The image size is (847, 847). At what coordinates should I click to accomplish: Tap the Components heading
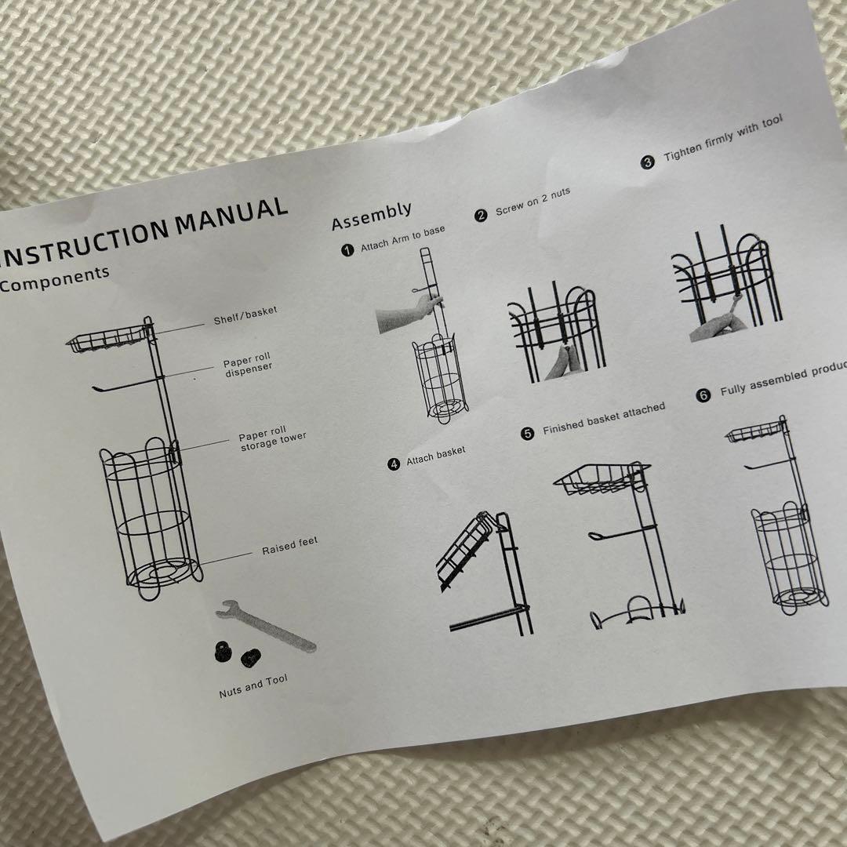tap(55, 278)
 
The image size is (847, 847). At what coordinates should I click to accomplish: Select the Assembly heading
tap(372, 216)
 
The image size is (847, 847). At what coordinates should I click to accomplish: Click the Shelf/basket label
tap(245, 315)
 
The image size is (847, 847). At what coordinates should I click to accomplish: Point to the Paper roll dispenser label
tap(248, 365)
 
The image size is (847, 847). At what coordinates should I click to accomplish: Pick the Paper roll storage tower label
tap(272, 438)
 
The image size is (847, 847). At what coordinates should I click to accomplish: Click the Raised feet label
tap(290, 546)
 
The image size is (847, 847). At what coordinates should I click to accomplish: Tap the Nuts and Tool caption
tap(253, 686)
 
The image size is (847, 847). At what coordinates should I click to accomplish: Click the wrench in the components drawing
tap(265, 626)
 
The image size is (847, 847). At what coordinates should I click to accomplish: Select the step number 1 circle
tap(348, 250)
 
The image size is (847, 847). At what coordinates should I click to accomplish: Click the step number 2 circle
tap(481, 216)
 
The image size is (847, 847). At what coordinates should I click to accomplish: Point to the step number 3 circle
tap(647, 162)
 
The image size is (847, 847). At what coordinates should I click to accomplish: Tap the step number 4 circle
tap(394, 464)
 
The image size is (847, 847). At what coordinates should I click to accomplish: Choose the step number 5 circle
tap(527, 433)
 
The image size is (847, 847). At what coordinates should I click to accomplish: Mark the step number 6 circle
tap(703, 395)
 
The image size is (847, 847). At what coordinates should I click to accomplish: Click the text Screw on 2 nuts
tap(533, 202)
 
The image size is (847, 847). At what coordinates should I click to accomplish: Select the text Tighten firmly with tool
tap(723, 137)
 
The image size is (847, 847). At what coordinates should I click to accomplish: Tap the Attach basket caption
tap(436, 455)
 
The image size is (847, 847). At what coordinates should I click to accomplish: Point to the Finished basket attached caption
tap(604, 418)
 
